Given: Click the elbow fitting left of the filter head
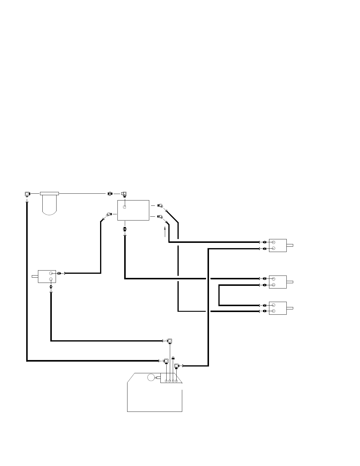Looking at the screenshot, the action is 27,194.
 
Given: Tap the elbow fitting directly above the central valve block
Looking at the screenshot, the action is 124,194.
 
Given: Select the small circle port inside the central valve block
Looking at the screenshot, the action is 125,207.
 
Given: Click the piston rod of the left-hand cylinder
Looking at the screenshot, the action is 35,276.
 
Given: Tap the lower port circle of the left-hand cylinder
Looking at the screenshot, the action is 51,279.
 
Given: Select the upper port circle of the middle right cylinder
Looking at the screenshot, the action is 273,279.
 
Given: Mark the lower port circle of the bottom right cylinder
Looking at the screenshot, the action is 273,311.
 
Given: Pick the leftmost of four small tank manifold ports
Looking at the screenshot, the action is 166,381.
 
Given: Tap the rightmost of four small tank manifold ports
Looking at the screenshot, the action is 176,381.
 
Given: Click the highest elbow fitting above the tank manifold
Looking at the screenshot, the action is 170,341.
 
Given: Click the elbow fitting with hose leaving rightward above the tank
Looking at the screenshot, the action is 177,366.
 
